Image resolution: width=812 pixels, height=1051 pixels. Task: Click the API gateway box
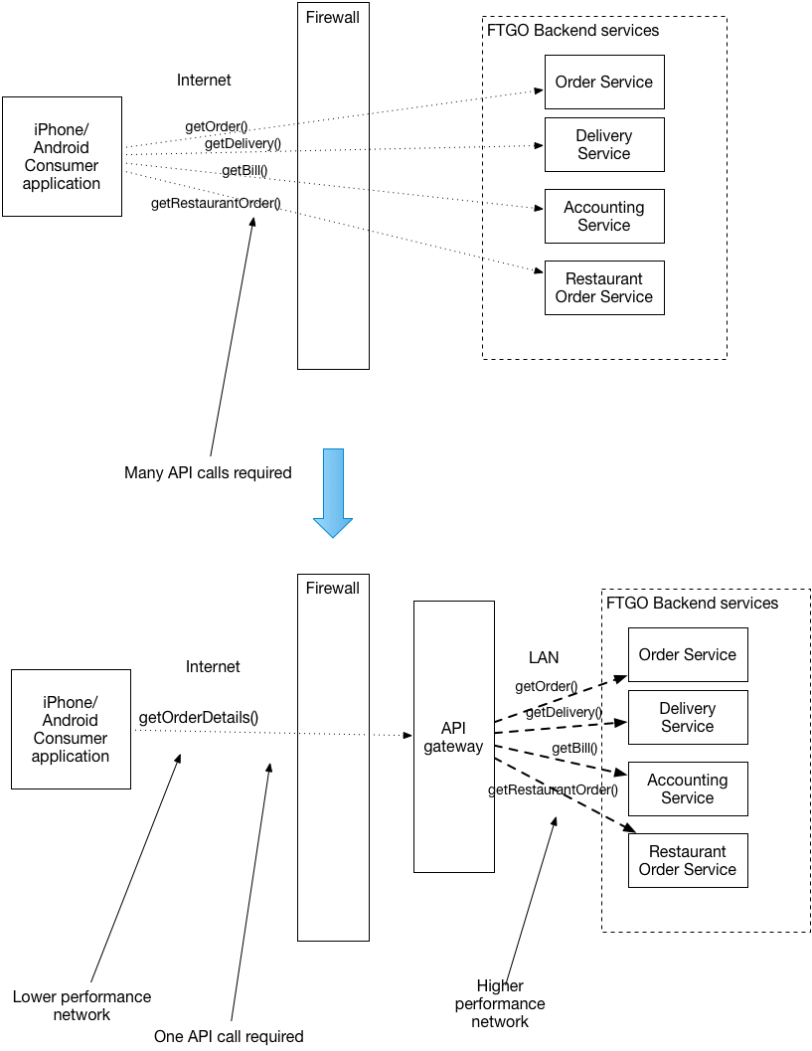[x=453, y=737]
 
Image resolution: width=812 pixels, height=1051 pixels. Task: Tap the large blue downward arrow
[x=333, y=492]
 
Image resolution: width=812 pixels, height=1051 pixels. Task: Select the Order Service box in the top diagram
[x=603, y=82]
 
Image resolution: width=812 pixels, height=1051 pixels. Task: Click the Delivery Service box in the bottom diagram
[x=687, y=717]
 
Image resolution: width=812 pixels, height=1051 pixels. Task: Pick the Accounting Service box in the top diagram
[x=603, y=216]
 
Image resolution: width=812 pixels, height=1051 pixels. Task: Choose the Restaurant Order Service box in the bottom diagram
[x=687, y=860]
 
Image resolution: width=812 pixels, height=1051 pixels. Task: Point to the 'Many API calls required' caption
[x=208, y=473]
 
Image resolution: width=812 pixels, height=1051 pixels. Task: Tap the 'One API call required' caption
[x=229, y=1036]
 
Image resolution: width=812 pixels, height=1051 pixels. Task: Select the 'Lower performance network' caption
[x=81, y=1005]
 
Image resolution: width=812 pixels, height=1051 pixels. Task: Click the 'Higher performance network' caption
[x=500, y=1003]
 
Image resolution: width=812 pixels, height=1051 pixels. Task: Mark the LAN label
[x=544, y=657]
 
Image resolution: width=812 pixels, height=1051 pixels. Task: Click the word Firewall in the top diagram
[x=333, y=17]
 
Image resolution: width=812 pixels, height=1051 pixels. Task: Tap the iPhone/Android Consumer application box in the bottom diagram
[x=71, y=729]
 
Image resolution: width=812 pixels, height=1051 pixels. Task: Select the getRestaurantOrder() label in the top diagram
[x=216, y=204]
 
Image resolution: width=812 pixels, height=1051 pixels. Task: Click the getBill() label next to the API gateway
[x=575, y=748]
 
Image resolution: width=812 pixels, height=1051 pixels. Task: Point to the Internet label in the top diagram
[x=204, y=80]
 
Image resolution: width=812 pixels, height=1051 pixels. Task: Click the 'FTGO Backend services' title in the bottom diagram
[x=692, y=603]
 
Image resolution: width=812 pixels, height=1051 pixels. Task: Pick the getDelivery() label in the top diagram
[x=243, y=144]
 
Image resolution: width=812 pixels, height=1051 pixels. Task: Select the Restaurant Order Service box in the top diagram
[x=603, y=287]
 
